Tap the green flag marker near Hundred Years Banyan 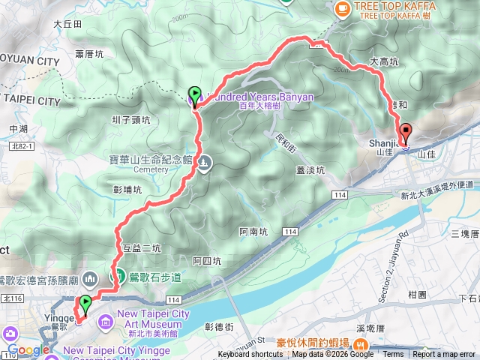(x=195, y=95)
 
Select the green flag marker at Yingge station (x=85, y=304)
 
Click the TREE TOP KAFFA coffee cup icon (x=342, y=7)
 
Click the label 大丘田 (x=67, y=24)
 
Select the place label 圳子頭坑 (x=130, y=119)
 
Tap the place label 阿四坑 (x=206, y=261)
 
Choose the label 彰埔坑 (x=127, y=190)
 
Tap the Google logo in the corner (x=28, y=350)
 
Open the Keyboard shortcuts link (x=250, y=355)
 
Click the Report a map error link (x=444, y=355)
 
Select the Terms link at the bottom (x=393, y=355)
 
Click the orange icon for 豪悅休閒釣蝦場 (x=361, y=344)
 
